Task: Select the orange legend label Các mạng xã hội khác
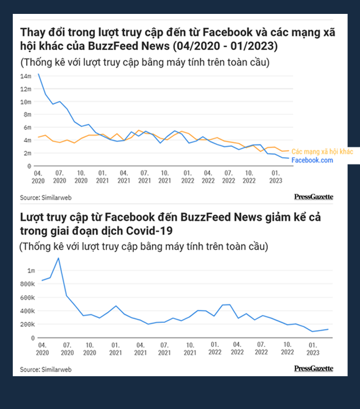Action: click(x=322, y=152)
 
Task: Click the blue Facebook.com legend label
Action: click(x=312, y=160)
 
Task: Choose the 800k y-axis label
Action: click(x=28, y=284)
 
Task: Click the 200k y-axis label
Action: click(x=28, y=325)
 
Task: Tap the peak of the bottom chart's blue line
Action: click(x=58, y=258)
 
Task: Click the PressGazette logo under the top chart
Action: click(x=313, y=197)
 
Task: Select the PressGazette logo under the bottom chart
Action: click(x=313, y=368)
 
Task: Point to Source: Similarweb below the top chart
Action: click(x=46, y=197)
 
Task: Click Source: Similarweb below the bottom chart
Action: click(x=46, y=369)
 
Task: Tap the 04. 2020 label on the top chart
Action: click(x=39, y=177)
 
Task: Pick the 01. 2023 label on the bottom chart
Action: click(x=312, y=348)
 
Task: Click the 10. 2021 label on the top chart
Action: click(x=164, y=177)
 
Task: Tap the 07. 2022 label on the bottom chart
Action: click(x=263, y=348)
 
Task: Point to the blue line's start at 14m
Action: click(x=38, y=74)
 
